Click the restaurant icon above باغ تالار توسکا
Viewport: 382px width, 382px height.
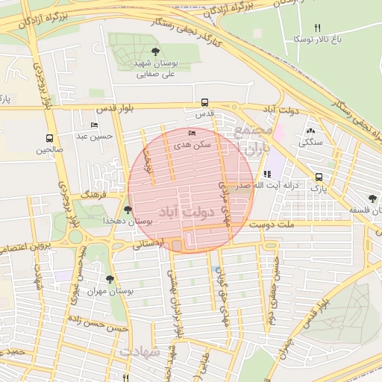[x=317, y=28]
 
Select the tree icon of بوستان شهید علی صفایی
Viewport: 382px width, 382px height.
[x=154, y=51]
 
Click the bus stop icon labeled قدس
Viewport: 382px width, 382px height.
[x=204, y=103]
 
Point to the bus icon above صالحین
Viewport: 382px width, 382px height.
[x=49, y=138]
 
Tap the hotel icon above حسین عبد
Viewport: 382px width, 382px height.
[x=93, y=125]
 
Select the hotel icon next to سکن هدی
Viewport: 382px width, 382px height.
[x=193, y=133]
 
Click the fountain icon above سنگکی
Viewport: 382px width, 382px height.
[x=310, y=131]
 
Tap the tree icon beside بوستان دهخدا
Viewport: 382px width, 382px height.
[x=128, y=210]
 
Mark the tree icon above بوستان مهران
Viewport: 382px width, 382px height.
[x=110, y=279]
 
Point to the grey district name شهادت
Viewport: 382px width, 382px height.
[x=140, y=350]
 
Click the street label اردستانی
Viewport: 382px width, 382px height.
[x=149, y=243]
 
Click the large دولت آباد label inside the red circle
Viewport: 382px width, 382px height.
[x=188, y=213]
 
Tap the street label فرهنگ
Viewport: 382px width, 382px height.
[x=95, y=193]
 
